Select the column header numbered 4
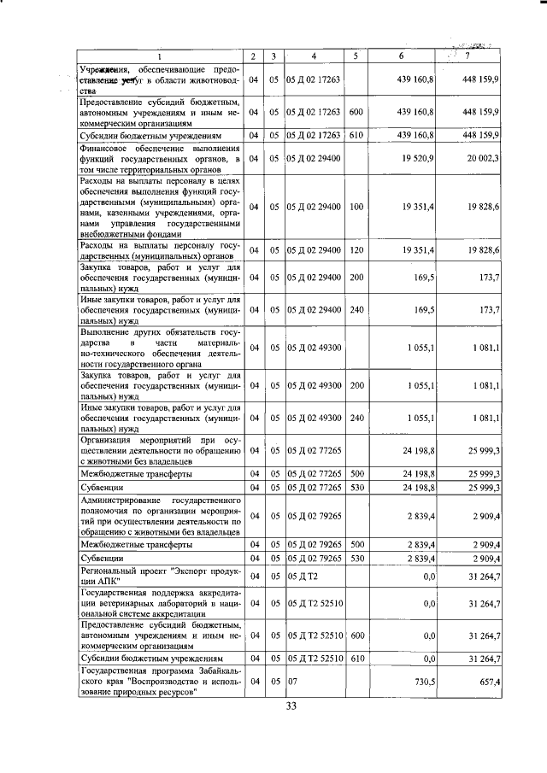coord(315,57)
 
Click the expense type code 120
coord(356,249)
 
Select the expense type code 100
coord(356,207)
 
